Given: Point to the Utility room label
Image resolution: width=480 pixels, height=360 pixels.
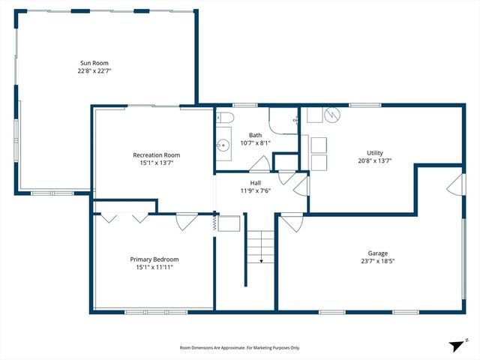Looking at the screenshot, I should coord(375,153).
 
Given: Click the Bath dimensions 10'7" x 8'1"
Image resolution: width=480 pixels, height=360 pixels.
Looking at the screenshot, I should coord(256,143).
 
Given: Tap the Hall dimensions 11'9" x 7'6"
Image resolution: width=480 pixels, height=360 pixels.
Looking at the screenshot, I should coord(255,190).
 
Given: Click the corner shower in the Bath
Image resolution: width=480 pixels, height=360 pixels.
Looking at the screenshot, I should coord(284,121).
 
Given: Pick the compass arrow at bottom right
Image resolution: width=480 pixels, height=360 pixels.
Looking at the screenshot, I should coord(454,346).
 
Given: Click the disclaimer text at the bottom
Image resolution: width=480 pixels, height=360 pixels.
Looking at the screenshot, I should coord(239,348).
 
